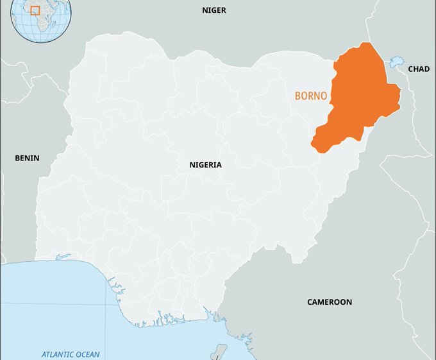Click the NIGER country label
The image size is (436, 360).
[214, 10]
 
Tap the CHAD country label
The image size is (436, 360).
[419, 69]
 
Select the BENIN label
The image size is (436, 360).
[27, 158]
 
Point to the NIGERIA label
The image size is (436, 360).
[205, 165]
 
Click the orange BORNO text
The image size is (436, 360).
[311, 96]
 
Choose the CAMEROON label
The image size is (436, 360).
[329, 302]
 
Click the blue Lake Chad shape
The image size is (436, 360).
[396, 62]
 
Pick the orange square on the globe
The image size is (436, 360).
[35, 11]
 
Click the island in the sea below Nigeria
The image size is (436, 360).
[220, 352]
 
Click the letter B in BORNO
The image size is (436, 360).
[298, 96]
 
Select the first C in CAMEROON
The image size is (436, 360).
[310, 302]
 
